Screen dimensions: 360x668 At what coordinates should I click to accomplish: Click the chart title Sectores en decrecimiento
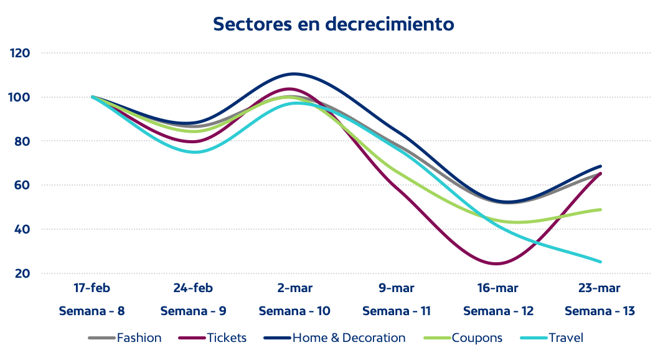tap(334, 24)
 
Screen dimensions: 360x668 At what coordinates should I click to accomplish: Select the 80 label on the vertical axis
tap(22, 141)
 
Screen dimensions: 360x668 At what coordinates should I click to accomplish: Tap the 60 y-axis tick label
tap(22, 185)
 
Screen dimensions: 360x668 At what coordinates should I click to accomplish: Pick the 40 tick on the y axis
tap(22, 229)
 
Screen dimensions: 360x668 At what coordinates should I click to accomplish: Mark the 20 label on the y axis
tap(22, 273)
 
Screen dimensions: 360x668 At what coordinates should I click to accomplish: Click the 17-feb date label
tap(92, 288)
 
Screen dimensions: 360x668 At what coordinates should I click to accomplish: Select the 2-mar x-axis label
tap(294, 288)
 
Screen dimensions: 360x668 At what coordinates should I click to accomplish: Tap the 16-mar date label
tap(498, 288)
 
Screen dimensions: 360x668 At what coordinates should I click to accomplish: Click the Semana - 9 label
tap(193, 311)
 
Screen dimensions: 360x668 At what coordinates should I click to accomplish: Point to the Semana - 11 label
tap(397, 311)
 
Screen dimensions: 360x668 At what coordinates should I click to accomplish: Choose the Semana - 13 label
tap(600, 311)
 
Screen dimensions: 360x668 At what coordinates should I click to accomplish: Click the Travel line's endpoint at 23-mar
tap(600, 262)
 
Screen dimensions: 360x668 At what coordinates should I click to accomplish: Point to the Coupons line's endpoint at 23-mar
tap(600, 209)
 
